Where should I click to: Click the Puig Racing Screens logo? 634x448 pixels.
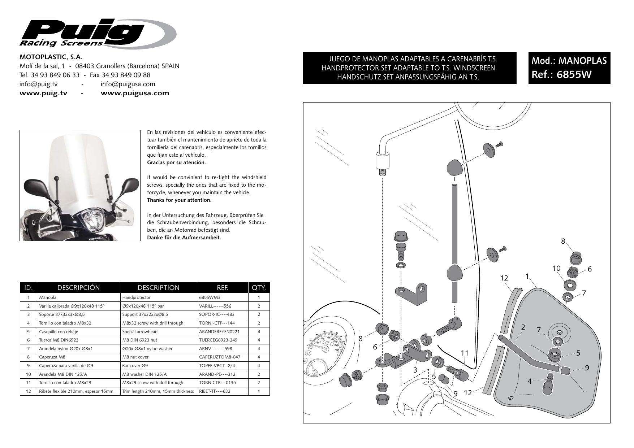tap(98, 33)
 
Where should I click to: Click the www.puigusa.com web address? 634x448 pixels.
tap(135, 93)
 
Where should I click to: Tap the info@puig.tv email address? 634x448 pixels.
tap(38, 84)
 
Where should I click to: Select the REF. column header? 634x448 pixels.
tap(222, 288)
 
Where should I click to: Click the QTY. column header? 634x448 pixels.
tap(259, 288)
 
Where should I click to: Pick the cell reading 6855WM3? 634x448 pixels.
tap(210, 297)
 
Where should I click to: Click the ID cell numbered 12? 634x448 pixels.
tap(28, 391)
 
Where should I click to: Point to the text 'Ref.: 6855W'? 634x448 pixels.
tap(556, 74)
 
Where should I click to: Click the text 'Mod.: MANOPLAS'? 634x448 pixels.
tap(569, 61)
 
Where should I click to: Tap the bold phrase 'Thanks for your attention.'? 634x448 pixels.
tap(179, 200)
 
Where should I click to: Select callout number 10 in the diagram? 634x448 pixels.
tap(556, 268)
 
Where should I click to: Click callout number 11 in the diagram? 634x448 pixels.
tap(465, 353)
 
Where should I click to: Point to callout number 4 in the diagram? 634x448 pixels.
tap(530, 381)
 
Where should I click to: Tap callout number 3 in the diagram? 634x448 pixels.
tap(415, 370)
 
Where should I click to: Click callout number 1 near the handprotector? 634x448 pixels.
tap(527, 276)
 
